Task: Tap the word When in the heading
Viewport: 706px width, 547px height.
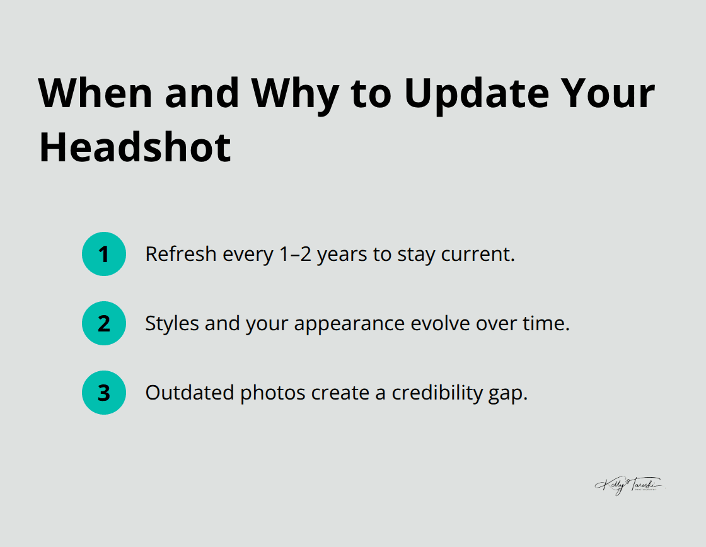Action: point(96,93)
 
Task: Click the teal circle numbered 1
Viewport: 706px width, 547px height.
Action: point(104,254)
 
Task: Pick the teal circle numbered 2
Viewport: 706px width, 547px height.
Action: point(104,323)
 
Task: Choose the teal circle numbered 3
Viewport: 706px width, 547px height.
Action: point(104,393)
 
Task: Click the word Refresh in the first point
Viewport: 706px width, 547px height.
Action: point(175,254)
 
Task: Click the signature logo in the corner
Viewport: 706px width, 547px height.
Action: point(628,485)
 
